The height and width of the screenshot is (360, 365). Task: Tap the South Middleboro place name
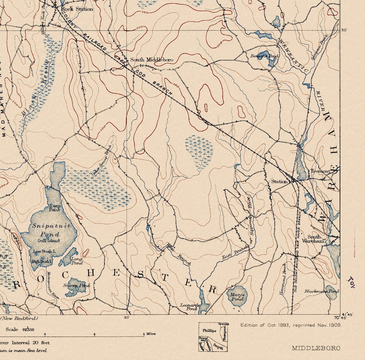[x=145, y=60]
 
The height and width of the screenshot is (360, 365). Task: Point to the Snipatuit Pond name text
[x=49, y=230]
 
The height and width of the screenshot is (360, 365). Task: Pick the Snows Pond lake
[x=76, y=287]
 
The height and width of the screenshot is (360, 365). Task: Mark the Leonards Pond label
[x=190, y=307]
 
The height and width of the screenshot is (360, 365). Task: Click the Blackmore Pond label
[x=325, y=292]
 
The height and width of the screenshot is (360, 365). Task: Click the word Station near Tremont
[x=279, y=182]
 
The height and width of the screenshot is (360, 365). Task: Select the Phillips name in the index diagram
[x=209, y=330]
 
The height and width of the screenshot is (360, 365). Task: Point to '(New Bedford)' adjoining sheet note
[x=19, y=318]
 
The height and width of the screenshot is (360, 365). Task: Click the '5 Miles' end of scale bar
[x=149, y=334]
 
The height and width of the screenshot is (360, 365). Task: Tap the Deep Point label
[x=55, y=208]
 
